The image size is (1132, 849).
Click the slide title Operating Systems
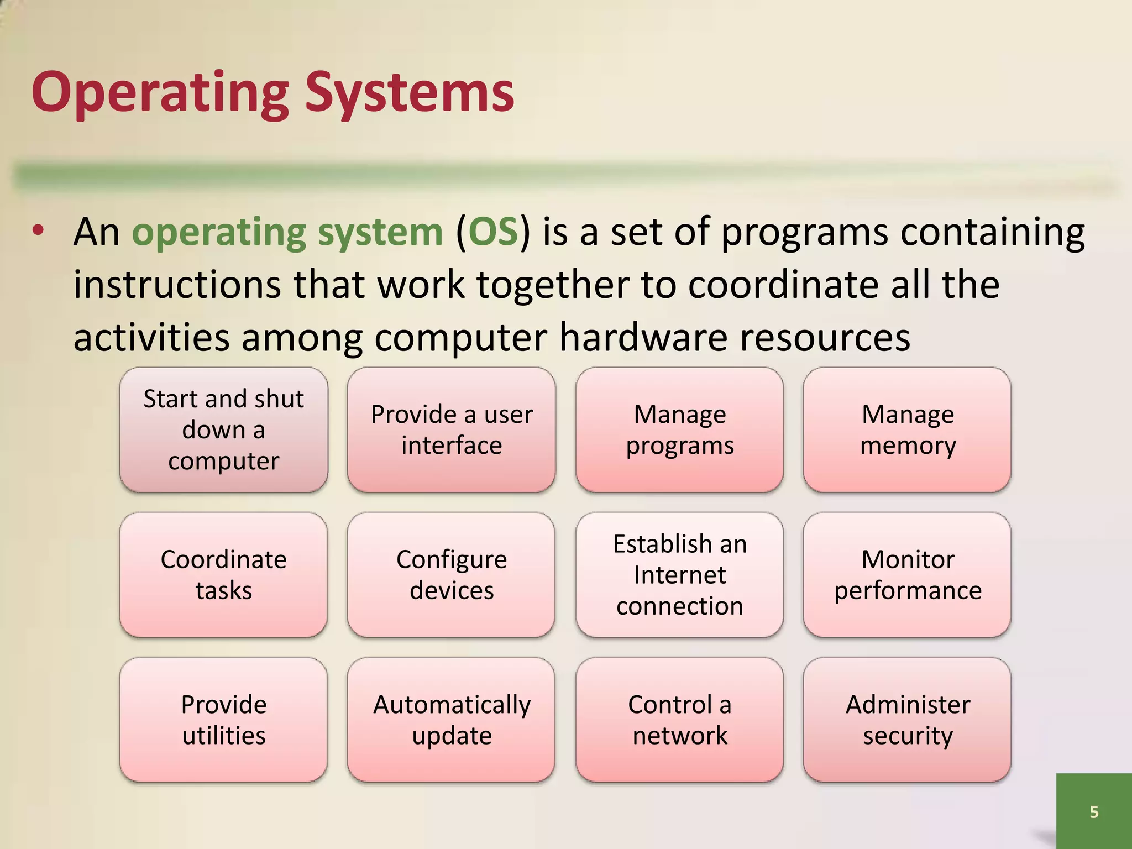tap(272, 93)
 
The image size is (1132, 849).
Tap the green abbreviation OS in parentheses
tap(492, 232)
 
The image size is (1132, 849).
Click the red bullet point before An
tap(38, 232)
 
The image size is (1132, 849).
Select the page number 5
tap(1093, 811)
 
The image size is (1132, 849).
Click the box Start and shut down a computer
tap(223, 430)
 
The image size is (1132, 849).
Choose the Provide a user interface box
tap(452, 430)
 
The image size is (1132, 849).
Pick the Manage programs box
tap(679, 430)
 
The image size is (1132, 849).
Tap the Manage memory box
tap(907, 430)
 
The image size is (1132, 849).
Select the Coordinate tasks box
tap(223, 575)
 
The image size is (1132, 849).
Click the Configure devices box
tap(452, 575)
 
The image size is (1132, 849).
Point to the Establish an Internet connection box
tap(679, 575)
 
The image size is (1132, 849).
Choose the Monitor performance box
tap(907, 575)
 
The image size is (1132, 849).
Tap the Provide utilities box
tap(223, 720)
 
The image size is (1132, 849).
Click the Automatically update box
tap(452, 720)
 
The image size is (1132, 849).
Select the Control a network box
tap(679, 720)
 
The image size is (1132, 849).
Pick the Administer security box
tap(907, 720)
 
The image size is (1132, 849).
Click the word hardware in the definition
tap(643, 337)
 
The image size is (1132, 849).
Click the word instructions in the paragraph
tap(177, 285)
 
